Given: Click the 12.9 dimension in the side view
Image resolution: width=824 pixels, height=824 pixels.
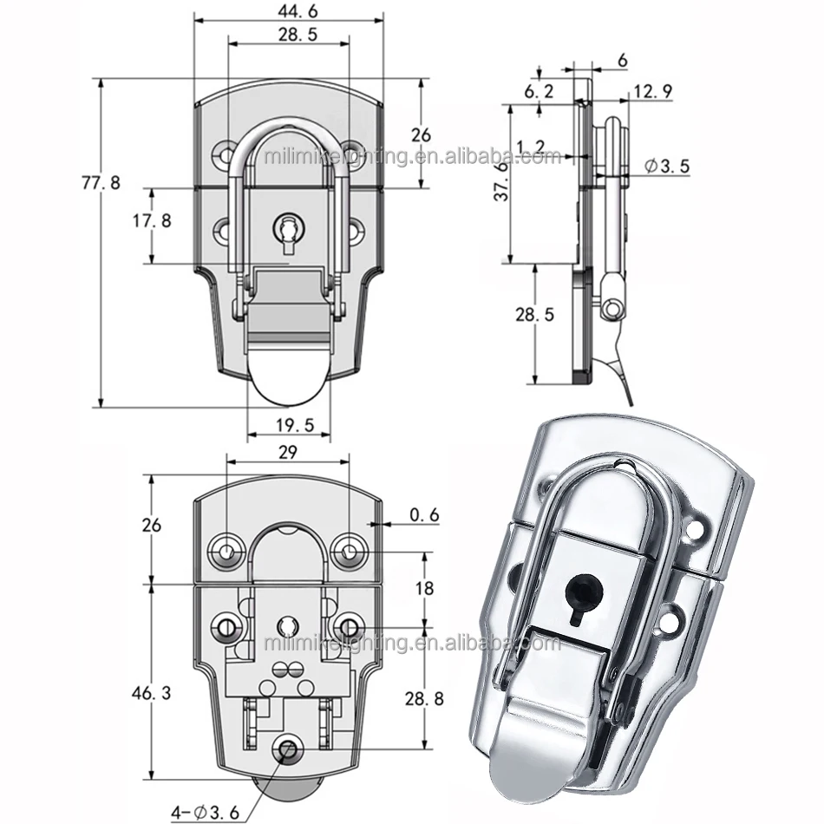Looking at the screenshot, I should (653, 91).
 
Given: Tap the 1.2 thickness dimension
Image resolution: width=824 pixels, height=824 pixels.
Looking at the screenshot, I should (531, 147).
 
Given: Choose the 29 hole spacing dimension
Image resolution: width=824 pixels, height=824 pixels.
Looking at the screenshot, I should (288, 451).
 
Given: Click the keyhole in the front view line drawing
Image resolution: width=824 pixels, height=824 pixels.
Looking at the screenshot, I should (287, 231).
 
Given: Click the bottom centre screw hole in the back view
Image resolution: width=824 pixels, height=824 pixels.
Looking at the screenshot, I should (286, 749).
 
